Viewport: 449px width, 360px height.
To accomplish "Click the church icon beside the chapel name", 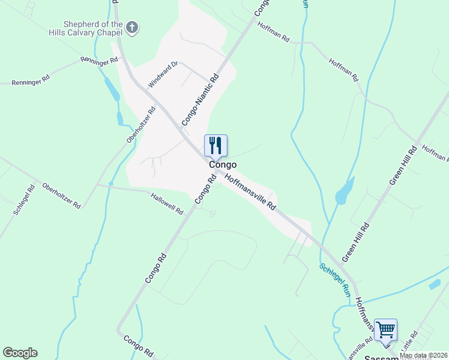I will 133,27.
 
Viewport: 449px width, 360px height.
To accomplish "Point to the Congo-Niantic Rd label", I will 200,100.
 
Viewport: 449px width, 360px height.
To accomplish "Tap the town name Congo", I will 222,164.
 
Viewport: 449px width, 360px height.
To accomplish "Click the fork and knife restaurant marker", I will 215,145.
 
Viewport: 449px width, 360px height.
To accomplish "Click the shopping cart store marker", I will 385,329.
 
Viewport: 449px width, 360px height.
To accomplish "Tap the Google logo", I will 20,353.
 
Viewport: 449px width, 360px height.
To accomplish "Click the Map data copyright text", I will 424,355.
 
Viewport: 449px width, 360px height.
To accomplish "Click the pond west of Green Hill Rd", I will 345,192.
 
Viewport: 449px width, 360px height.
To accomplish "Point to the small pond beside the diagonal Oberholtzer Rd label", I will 120,118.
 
